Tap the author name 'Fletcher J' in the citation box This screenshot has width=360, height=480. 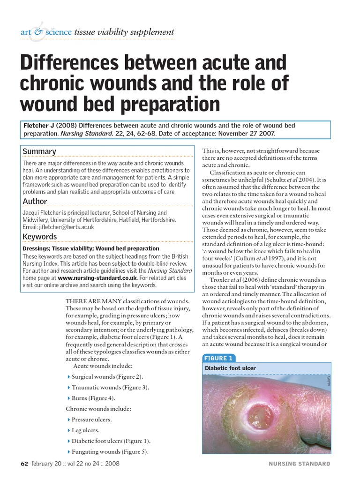pyautogui.click(x=39, y=126)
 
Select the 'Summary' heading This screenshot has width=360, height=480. pyautogui.click(x=39, y=151)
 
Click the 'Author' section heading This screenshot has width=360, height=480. pyautogui.click(x=35, y=202)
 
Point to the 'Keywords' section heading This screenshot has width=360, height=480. pyautogui.click(x=40, y=237)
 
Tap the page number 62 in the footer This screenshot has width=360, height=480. pyautogui.click(x=24, y=464)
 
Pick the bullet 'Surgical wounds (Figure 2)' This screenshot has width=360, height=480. pyautogui.click(x=108, y=377)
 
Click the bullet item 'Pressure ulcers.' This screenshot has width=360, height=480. pyautogui.click(x=92, y=420)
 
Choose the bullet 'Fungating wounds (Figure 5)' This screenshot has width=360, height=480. pyautogui.click(x=110, y=452)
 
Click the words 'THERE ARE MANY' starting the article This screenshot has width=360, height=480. pyautogui.click(x=89, y=300)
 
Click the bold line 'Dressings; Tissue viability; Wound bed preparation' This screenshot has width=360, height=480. pyautogui.click(x=91, y=248)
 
